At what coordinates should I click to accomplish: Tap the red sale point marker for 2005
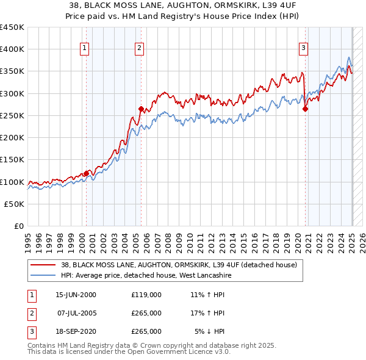141,109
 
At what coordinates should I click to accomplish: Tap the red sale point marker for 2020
306,109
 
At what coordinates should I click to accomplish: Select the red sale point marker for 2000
86,173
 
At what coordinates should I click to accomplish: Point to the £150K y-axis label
12,160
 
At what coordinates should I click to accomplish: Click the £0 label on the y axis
19,226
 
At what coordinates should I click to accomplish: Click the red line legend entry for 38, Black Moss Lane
178,265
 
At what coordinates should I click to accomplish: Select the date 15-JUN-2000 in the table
76,295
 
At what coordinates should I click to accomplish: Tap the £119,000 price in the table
146,295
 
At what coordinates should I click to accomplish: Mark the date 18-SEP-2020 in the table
76,331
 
